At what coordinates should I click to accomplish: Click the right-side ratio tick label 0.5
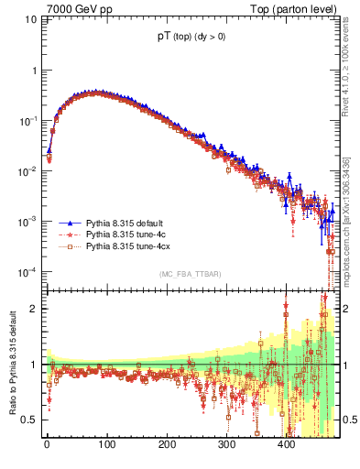click(350, 420)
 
